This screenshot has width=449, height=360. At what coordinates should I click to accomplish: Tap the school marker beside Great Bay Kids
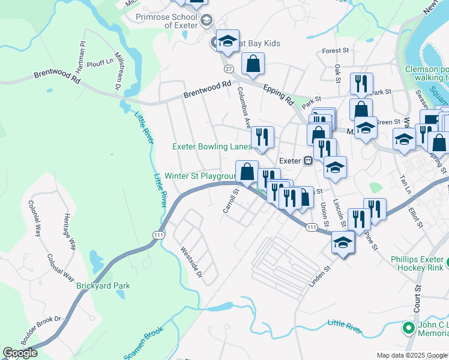coord(228,41)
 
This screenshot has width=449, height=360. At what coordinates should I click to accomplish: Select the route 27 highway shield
coord(229,69)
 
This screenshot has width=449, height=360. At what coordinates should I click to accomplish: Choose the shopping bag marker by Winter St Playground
coord(247,172)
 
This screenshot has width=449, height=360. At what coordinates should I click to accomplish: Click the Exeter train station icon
coord(307,161)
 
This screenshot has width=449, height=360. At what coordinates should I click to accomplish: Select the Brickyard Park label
coord(103,286)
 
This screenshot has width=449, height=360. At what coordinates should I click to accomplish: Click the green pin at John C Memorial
coord(409,328)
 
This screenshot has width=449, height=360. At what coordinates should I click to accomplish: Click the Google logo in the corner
coord(20,353)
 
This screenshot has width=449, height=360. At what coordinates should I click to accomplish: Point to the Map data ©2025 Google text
coord(412,355)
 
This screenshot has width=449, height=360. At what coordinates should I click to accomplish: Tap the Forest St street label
coord(336,52)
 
